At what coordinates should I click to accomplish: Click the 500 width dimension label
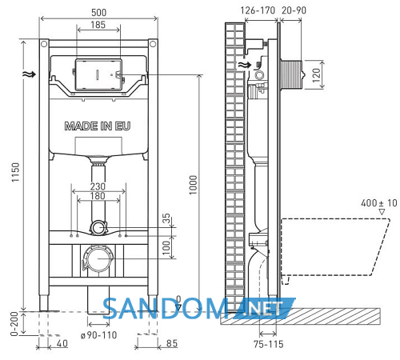[98, 12]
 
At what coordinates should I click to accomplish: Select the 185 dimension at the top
[98, 25]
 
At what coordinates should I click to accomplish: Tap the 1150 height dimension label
[15, 172]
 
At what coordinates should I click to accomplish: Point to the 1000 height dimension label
[193, 185]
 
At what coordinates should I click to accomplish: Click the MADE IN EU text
[98, 126]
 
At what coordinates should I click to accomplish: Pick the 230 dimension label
[98, 186]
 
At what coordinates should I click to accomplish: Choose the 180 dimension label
[98, 196]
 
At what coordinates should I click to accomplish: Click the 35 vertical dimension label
[166, 218]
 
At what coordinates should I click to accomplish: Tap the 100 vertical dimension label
[166, 248]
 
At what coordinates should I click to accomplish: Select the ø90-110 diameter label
[99, 335]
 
